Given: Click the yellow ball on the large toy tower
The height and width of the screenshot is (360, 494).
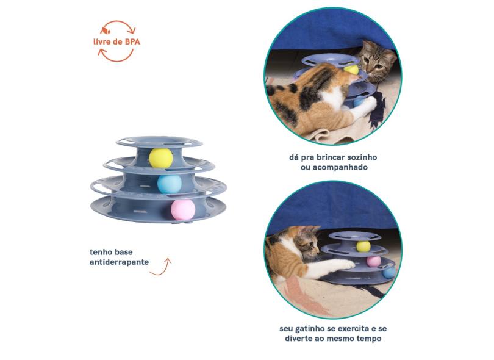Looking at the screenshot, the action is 160,157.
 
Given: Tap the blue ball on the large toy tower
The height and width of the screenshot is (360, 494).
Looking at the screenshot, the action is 170,184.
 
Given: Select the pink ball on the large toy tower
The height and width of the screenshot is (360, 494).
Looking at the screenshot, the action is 183,210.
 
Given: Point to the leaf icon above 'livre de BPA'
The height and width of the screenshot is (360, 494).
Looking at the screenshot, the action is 106,31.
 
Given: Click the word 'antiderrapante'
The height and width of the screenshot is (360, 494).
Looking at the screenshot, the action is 119,262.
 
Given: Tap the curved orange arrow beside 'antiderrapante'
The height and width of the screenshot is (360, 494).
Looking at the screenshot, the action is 160,267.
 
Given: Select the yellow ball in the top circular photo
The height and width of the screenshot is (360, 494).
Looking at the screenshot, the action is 351,70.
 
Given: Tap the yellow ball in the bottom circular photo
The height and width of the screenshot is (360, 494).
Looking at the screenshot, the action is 363,246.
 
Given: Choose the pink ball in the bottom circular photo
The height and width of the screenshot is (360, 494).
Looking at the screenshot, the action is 374,262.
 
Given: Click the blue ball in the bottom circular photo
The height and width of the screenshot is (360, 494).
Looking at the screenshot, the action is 389,272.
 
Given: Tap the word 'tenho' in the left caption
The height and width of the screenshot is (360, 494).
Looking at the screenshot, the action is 100,252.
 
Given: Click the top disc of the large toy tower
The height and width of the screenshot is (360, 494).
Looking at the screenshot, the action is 159,141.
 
